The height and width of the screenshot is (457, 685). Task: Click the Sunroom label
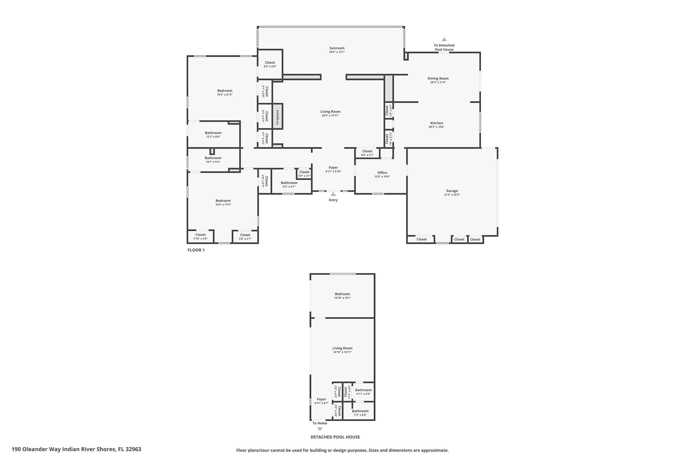click(337, 48)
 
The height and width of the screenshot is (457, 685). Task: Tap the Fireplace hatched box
click(277, 116)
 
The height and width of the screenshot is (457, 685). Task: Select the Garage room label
click(452, 191)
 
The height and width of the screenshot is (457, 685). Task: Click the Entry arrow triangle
click(333, 194)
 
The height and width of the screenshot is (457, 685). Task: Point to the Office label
click(382, 172)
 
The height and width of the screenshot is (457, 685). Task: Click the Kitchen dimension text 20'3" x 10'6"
click(437, 127)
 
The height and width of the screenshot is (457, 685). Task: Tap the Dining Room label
click(438, 78)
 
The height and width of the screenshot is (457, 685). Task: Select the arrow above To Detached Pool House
click(444, 39)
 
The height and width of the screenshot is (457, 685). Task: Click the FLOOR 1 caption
click(196, 250)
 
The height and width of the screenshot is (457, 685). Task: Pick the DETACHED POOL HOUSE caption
click(335, 437)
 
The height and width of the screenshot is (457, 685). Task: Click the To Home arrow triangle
click(320, 429)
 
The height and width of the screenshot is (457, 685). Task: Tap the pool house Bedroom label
click(342, 294)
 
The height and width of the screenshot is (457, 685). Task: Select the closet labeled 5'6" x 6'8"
click(270, 65)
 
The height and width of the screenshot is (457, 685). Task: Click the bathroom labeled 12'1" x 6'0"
click(213, 135)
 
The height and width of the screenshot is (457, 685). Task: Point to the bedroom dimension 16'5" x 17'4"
click(223, 205)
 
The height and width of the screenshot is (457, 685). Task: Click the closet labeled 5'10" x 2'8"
click(200, 237)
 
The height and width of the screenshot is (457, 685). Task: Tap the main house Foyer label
click(333, 168)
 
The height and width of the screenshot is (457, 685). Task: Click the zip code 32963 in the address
click(134, 449)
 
